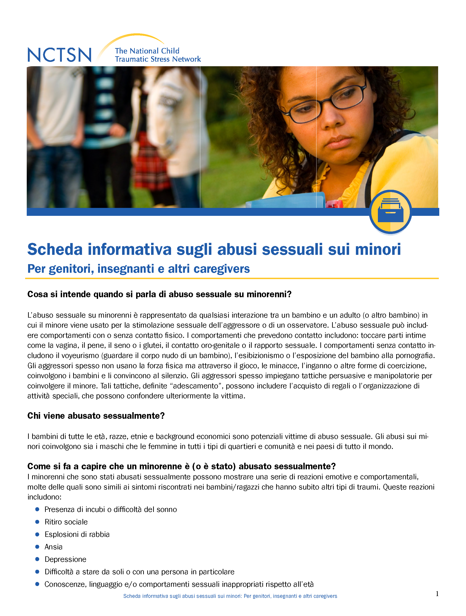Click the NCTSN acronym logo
coord(59,55)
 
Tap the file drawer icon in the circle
coord(390,211)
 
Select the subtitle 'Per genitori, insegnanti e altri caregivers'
coord(139,269)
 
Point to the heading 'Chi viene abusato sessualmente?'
coord(96,416)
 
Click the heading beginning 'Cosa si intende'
coord(159,294)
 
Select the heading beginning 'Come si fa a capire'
coord(181,466)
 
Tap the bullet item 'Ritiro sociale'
coord(66,522)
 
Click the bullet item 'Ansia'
coord(53,547)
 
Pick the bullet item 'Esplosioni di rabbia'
coord(77,534)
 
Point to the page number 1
coord(437,594)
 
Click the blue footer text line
coord(230,596)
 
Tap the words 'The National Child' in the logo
coord(147,51)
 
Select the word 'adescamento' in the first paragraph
coord(195,386)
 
